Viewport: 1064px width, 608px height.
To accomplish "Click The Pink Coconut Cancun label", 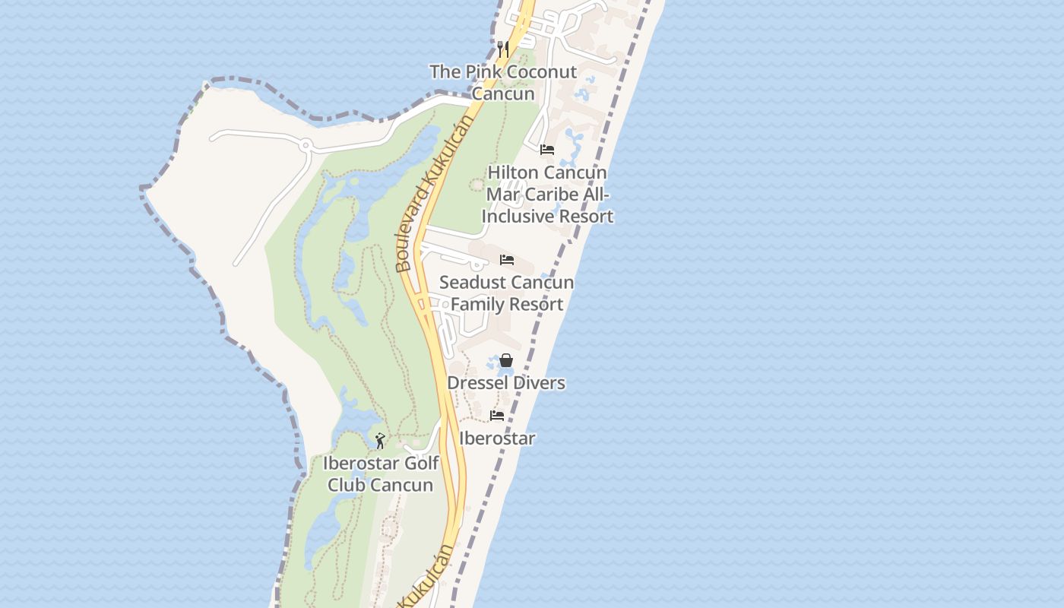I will click(x=503, y=83).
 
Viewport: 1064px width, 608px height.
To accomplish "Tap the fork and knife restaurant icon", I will click(x=502, y=49).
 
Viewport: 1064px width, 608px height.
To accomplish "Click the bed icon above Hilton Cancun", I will click(x=547, y=149).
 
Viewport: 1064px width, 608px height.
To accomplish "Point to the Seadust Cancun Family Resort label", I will click(x=506, y=293).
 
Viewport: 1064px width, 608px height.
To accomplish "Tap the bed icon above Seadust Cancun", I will click(x=507, y=260).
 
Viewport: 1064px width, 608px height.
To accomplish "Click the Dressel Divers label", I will click(x=506, y=382).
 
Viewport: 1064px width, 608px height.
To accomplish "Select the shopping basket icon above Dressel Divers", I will click(x=506, y=360).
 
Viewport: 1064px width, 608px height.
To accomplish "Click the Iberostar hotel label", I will click(x=497, y=439).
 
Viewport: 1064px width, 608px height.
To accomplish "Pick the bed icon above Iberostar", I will click(x=497, y=416).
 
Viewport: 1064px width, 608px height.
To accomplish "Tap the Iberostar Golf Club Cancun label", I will click(x=381, y=474).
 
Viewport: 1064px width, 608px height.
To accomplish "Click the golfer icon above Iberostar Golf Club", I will click(x=380, y=440).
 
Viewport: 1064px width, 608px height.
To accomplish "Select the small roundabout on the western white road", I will click(x=306, y=144).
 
